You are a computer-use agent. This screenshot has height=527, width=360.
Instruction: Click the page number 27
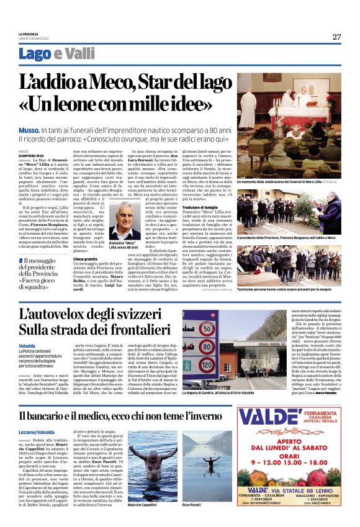pos(336,37)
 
